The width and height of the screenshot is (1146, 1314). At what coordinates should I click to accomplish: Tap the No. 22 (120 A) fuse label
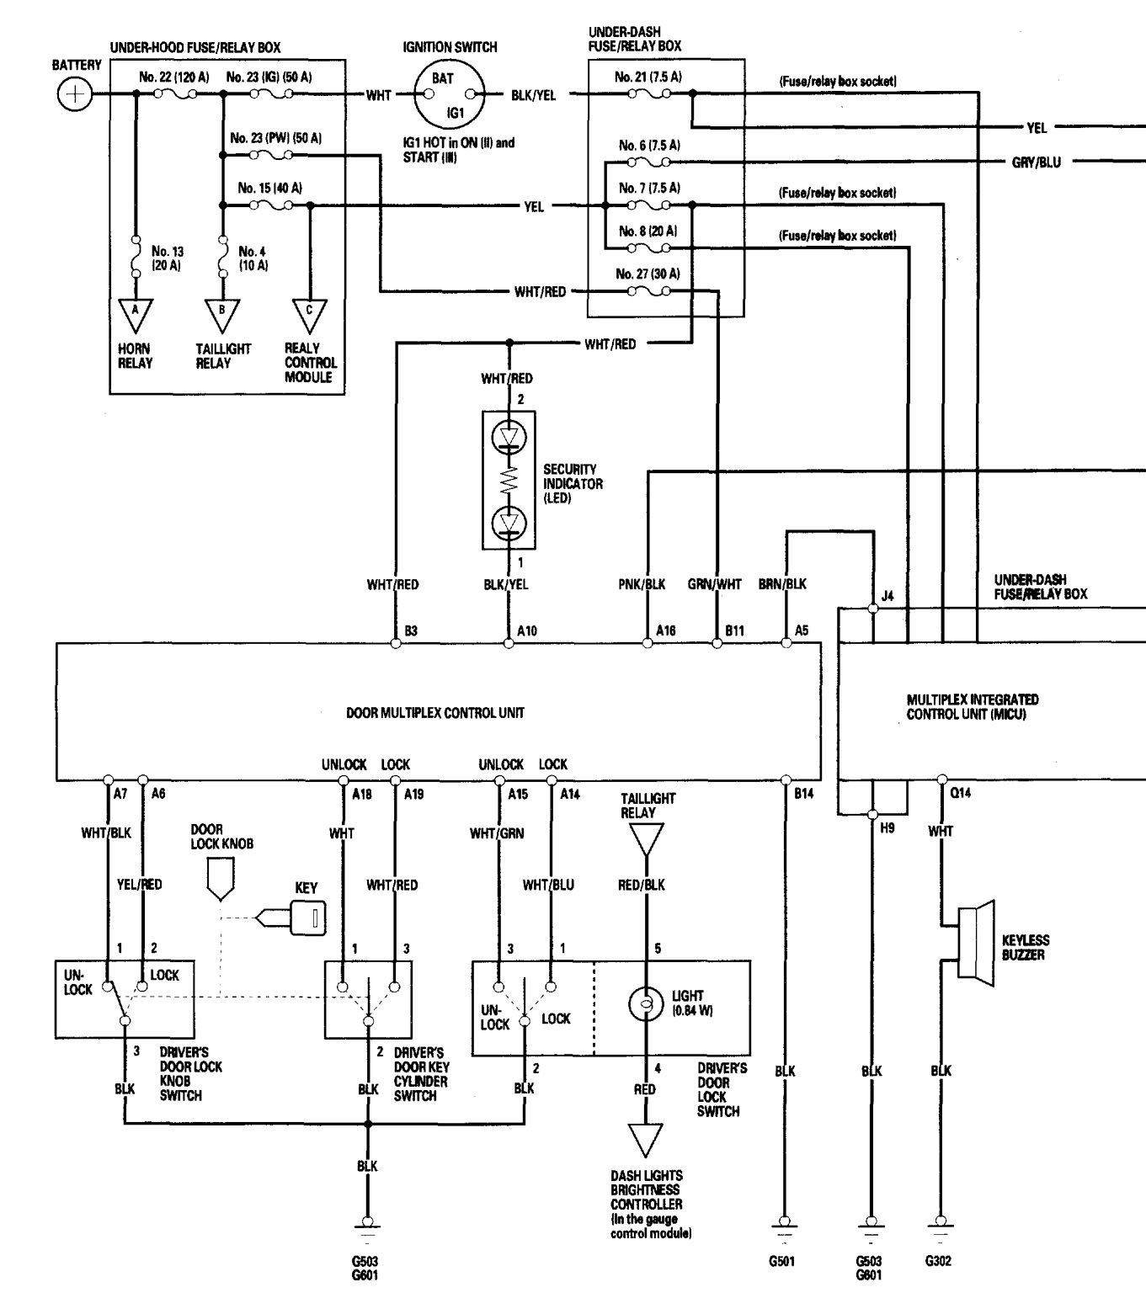(x=174, y=77)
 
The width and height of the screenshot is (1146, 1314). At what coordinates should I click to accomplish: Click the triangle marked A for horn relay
(x=135, y=316)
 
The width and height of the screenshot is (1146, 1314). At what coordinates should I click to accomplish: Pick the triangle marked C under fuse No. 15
(x=309, y=316)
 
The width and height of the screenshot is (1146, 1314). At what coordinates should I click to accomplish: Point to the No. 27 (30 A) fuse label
(x=648, y=274)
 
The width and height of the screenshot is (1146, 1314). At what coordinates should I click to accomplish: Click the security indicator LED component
(x=509, y=480)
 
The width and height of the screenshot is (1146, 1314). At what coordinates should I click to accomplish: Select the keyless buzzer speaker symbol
(x=976, y=940)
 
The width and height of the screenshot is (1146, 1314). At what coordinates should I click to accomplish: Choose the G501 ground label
(x=782, y=1261)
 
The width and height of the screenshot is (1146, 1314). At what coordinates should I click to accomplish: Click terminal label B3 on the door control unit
(x=411, y=630)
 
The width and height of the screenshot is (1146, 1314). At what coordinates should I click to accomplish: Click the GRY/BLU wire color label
(x=1036, y=162)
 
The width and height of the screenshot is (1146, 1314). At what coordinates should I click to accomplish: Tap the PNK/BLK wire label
(x=642, y=584)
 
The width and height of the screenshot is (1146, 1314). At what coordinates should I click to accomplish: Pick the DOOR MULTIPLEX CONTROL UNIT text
(x=435, y=713)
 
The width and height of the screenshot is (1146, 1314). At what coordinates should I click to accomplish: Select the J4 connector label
(x=887, y=596)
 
